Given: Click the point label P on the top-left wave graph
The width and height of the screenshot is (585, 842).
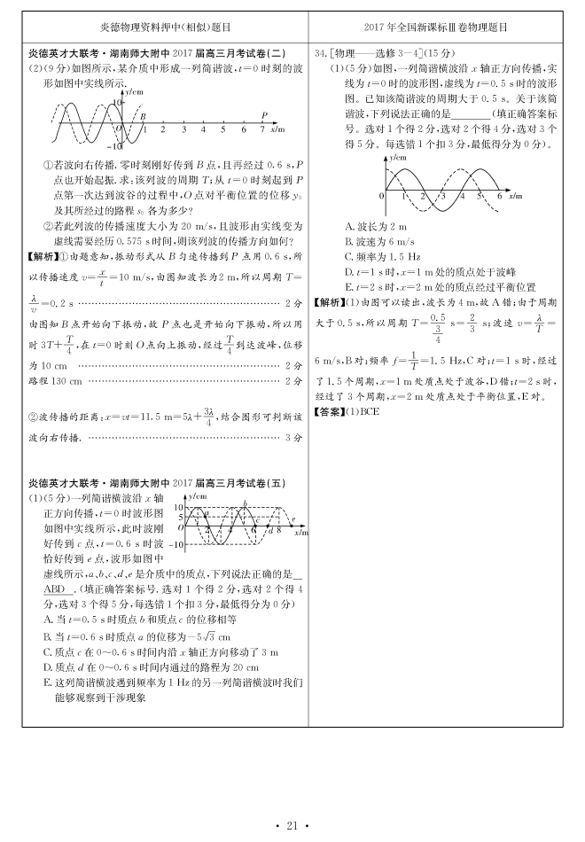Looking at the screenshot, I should click(264, 114).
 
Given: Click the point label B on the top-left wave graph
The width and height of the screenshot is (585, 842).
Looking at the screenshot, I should click(143, 115).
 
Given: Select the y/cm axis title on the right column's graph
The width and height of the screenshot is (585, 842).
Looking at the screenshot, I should click(396, 157).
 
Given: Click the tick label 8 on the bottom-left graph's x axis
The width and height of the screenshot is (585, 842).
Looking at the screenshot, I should click(278, 530).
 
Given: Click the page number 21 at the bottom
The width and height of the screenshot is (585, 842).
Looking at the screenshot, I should click(292, 827).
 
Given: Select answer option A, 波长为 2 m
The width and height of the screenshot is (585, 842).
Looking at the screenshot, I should click(375, 227).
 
